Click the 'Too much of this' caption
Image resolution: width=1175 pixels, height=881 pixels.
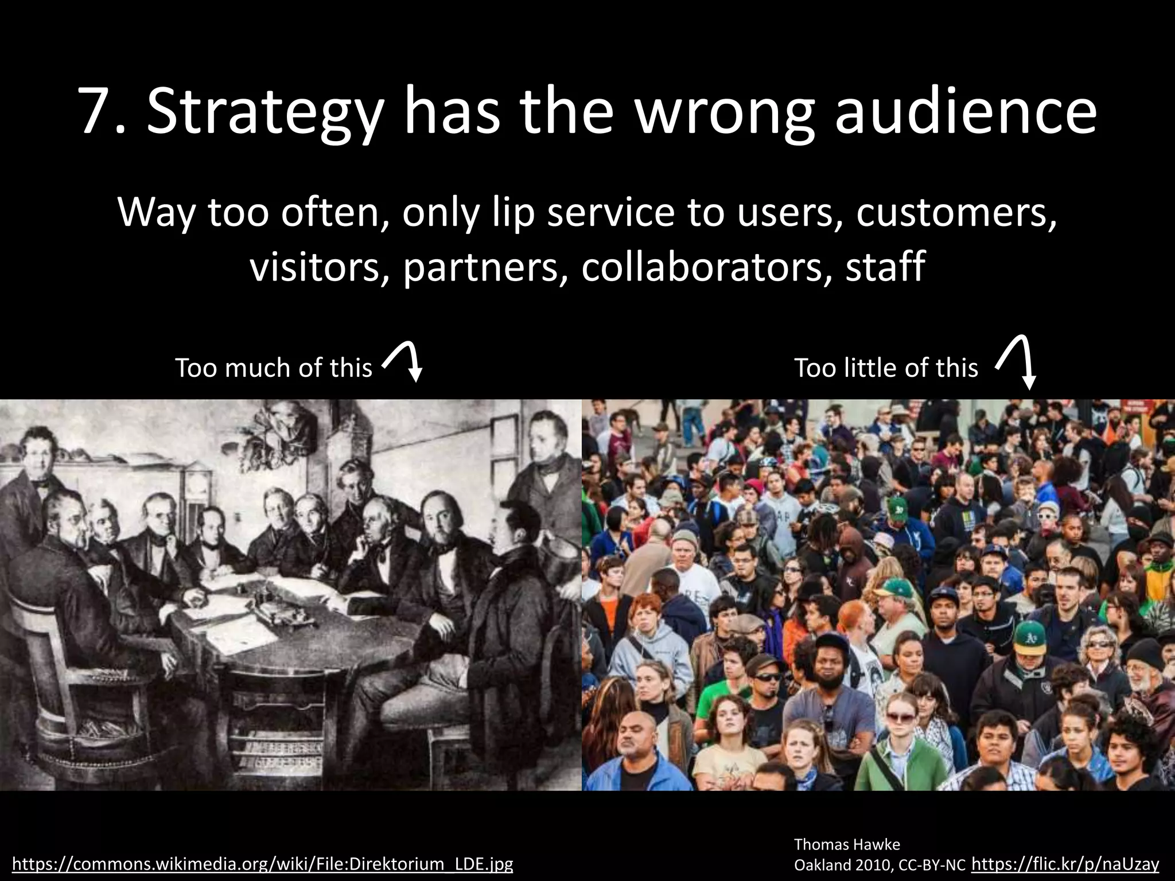click(x=274, y=368)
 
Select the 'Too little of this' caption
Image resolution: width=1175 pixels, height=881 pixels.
click(x=886, y=368)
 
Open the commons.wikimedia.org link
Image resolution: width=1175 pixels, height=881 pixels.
click(x=263, y=864)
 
